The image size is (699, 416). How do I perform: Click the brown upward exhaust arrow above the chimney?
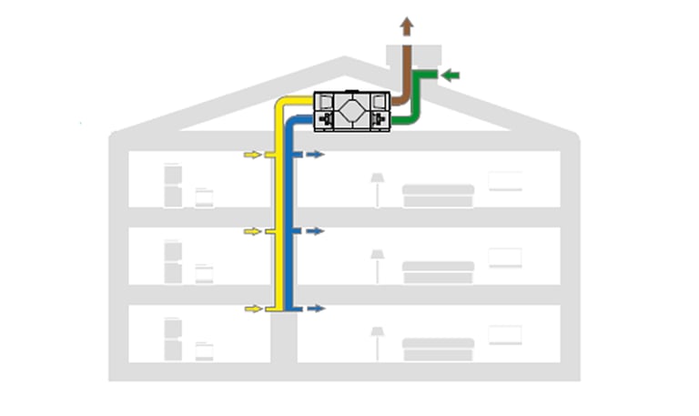point(407,27)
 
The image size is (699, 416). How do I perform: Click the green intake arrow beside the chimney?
point(451,75)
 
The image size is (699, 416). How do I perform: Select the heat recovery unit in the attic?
point(351,112)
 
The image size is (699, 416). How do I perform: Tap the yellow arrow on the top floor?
point(252,156)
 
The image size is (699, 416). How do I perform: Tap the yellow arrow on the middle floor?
point(252,232)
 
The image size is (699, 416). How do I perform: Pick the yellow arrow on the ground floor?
point(252,309)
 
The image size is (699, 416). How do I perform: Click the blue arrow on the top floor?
point(315,156)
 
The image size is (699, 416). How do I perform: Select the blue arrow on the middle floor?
point(315,232)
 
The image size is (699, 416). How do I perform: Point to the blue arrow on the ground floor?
point(315,309)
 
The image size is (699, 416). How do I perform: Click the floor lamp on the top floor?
point(377,189)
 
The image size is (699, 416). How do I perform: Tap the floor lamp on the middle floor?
point(377,266)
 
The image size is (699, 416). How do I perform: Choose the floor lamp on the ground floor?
point(377,343)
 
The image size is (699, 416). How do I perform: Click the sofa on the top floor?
point(439,195)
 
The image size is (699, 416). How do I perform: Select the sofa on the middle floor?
point(439,271)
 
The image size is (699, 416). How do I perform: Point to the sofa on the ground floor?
point(439,349)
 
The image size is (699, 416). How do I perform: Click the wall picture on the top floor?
point(505,181)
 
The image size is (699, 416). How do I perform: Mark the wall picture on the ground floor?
point(505,335)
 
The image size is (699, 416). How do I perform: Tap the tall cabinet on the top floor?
point(173,185)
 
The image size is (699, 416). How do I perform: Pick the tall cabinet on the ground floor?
point(173,339)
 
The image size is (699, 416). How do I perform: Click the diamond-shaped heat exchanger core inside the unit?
point(351,112)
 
